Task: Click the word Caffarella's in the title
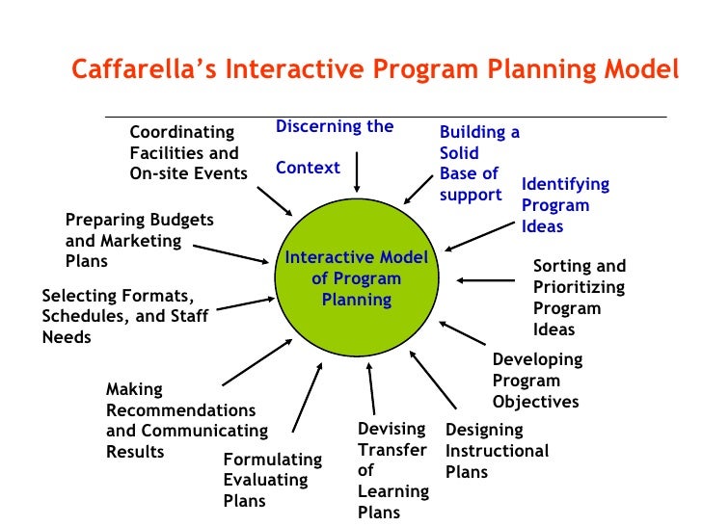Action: coord(139,71)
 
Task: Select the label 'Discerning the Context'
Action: coord(334,146)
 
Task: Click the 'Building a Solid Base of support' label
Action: coord(478,164)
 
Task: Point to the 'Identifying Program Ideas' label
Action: coord(565,205)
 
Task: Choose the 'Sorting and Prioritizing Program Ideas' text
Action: coord(579,298)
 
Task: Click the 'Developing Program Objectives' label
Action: coord(537,381)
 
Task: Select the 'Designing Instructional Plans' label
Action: coord(496,451)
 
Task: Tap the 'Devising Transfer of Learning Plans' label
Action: coord(392,470)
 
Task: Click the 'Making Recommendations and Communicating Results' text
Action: coord(186,421)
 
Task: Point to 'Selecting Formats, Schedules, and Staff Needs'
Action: coord(123,316)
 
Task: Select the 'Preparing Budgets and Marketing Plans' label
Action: coord(139,240)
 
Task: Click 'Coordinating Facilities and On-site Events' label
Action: coord(188,152)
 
